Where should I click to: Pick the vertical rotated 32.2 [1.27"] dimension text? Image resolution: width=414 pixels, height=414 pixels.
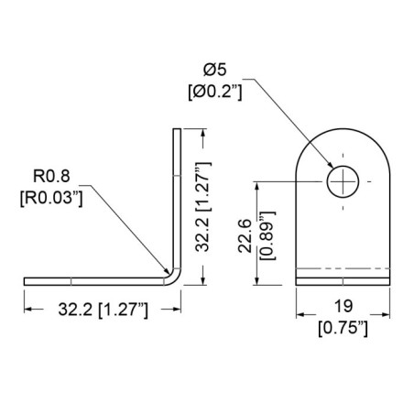206,206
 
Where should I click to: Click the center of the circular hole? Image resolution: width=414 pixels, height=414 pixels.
343,181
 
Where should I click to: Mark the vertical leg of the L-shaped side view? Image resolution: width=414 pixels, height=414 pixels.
175,192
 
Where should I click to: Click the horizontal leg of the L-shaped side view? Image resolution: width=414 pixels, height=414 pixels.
92,278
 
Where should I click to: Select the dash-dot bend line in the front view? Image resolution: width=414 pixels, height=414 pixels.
343,269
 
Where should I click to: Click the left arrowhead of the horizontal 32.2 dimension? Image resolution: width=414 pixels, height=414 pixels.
27,310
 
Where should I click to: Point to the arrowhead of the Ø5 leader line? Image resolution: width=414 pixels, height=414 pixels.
332,172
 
